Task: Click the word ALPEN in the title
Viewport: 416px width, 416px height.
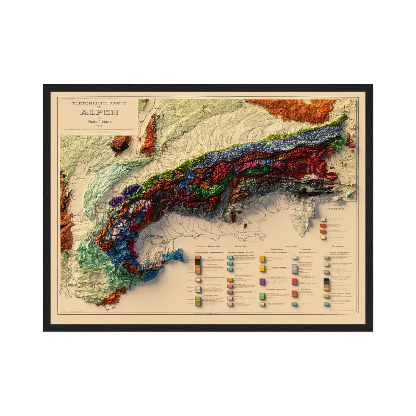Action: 99,112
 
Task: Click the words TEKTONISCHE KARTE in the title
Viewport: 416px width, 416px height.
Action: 99,104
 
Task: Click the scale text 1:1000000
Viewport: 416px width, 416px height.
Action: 335,205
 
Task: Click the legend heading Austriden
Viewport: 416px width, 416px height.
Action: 292,246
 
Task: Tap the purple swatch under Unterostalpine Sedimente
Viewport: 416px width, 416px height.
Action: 262,282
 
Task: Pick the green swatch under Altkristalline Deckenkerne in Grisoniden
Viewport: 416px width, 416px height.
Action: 262,296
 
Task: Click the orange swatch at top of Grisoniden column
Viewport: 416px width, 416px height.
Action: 262,259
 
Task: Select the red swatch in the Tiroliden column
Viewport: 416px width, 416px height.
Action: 294,282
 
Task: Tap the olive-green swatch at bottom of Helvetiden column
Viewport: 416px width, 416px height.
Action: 198,301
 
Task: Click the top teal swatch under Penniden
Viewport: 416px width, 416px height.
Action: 230,257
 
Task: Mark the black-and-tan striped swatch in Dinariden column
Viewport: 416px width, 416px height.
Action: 326,284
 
